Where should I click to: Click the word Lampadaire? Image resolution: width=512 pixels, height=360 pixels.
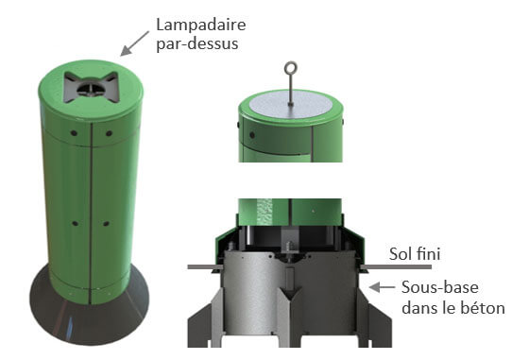click(x=201, y=26)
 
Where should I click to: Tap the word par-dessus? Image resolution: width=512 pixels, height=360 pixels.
click(x=197, y=44)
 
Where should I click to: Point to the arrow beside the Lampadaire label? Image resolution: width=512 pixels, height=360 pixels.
click(x=134, y=43)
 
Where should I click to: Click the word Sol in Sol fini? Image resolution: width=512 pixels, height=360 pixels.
click(x=401, y=254)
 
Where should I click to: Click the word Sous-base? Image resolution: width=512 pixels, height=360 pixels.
click(x=440, y=287)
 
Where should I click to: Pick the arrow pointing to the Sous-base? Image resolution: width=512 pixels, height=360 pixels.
click(x=382, y=287)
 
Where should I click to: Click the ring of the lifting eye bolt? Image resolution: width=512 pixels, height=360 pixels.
click(x=290, y=68)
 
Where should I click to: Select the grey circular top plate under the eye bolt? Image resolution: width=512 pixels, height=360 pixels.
click(x=290, y=104)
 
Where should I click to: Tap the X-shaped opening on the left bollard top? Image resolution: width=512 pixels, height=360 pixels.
click(x=91, y=87)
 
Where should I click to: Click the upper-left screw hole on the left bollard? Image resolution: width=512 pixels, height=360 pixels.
click(x=74, y=133)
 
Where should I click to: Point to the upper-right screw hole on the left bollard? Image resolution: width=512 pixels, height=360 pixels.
click(x=109, y=133)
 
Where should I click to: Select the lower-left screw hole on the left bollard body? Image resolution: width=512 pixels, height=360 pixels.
click(x=75, y=224)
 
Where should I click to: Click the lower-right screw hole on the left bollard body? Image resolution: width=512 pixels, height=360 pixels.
click(x=106, y=224)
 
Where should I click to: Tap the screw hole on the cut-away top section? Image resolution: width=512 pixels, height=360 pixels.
click(x=252, y=134)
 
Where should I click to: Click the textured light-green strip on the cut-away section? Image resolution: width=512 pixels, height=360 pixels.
click(x=265, y=212)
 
